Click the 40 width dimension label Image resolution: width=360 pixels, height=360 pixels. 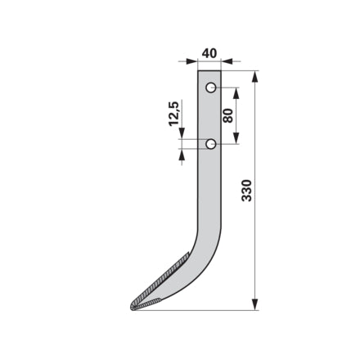tap(209, 53)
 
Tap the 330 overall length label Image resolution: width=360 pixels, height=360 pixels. tap(247, 191)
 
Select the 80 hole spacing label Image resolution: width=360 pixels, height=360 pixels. tap(228, 115)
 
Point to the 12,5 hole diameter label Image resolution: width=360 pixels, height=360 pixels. tap(173, 114)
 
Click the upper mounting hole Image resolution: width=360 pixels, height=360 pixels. tap(211, 88)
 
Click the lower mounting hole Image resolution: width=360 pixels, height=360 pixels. tap(211, 144)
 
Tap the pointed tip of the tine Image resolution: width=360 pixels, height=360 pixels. tap(131, 308)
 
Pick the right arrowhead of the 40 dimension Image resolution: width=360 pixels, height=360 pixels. tap(227, 61)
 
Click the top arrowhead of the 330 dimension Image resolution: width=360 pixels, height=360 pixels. tap(254, 77)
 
